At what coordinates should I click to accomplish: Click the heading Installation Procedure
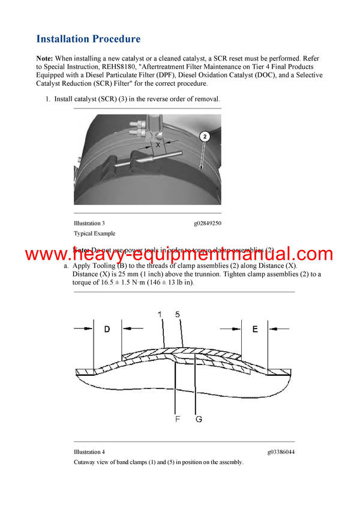tap(88, 39)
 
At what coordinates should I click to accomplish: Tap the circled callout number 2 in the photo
tap(205, 137)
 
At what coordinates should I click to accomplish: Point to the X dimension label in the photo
tap(158, 144)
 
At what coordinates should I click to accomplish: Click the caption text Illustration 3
tap(89, 223)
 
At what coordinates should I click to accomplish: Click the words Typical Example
tap(94, 233)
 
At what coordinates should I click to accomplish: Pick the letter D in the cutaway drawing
tap(107, 329)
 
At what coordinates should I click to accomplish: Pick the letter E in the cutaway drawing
tap(255, 329)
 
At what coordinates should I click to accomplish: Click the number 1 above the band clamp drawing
tap(160, 314)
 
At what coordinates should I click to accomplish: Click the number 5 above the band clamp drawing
tap(177, 314)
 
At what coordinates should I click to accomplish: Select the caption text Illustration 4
tap(89, 451)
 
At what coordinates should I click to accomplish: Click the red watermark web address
tap(179, 254)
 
